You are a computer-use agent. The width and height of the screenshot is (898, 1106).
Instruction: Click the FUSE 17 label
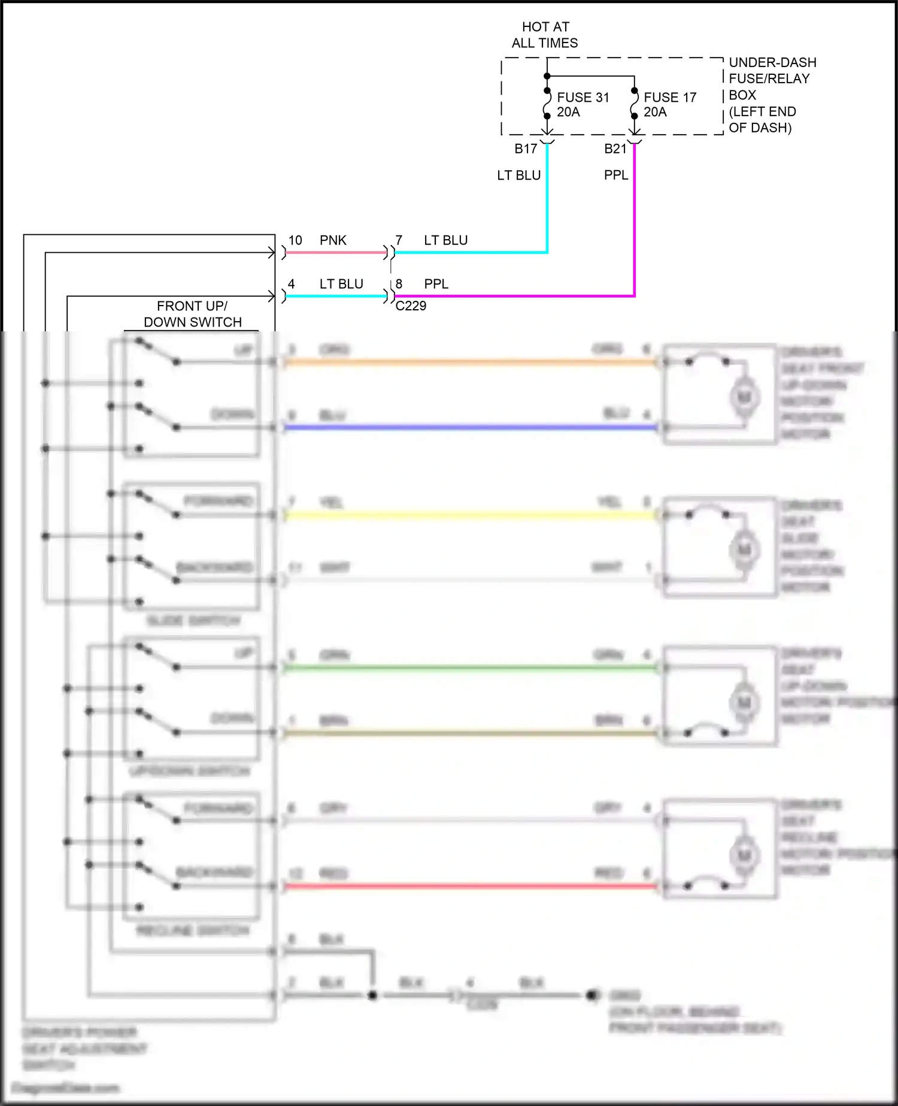669,98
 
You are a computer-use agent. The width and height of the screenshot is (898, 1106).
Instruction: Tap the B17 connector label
526,149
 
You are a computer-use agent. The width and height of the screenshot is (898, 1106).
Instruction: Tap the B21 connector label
615,149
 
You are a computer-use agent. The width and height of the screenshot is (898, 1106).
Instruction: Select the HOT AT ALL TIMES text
545,35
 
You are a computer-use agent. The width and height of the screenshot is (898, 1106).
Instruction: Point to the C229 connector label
411,306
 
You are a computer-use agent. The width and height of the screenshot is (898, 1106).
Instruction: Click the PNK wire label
333,240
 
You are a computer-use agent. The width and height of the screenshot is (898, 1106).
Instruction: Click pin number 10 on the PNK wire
295,240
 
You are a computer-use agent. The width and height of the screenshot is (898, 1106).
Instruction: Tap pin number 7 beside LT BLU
399,240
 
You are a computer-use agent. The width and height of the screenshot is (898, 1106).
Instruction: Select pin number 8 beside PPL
399,284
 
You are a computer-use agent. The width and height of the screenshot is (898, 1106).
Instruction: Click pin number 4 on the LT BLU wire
291,284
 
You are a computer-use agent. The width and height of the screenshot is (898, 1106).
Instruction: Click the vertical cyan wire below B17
547,204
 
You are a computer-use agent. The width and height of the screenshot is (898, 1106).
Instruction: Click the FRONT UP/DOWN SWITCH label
192,314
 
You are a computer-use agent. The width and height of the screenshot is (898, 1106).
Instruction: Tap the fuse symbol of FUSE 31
547,103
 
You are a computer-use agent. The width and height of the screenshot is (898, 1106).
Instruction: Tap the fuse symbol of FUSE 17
634,103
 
